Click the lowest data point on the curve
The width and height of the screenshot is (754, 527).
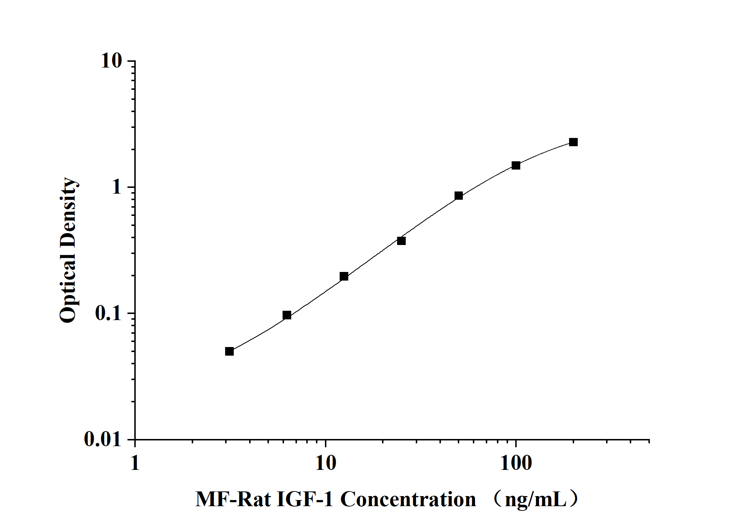pos(229,351)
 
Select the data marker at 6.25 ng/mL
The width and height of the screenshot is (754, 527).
pos(287,315)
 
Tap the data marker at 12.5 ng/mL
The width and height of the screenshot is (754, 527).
pos(344,276)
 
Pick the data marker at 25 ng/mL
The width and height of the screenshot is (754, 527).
pos(401,241)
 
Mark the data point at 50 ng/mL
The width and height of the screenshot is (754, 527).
pos(459,196)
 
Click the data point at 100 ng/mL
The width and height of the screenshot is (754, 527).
pos(516,166)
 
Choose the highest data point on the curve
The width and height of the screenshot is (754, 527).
pos(573,142)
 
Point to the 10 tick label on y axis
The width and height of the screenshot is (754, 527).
pos(111,61)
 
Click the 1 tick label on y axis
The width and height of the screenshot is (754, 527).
pos(117,187)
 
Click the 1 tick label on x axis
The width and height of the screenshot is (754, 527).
pos(135,463)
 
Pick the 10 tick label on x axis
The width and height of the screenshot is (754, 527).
pos(326,463)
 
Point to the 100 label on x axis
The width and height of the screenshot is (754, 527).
pos(516,463)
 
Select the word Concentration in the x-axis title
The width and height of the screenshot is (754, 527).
pos(408,499)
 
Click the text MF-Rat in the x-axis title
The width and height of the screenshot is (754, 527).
pos(233,499)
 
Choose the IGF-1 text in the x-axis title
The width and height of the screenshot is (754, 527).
pos(305,499)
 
